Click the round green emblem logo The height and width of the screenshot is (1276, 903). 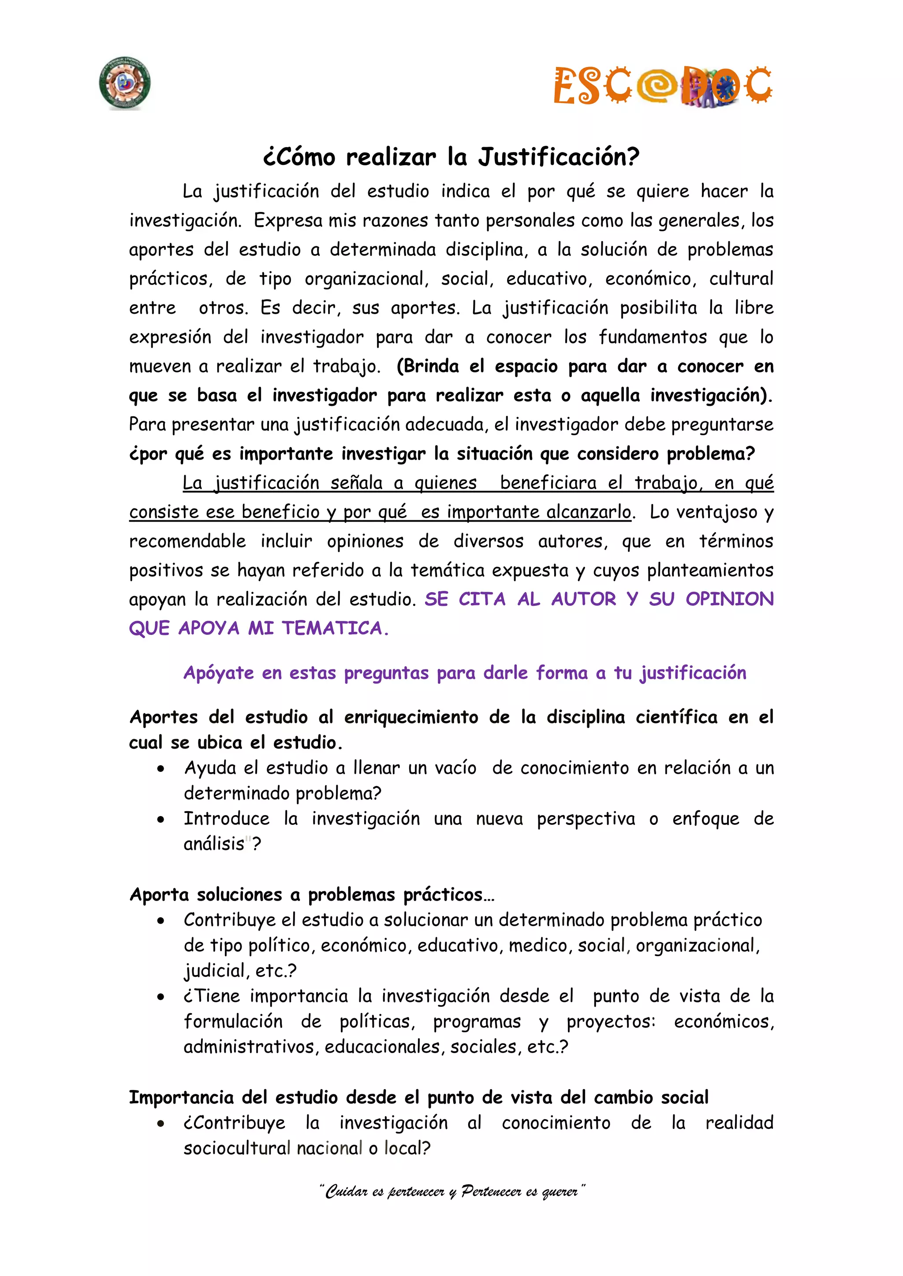click(x=124, y=83)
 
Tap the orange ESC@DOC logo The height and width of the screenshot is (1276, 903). click(x=662, y=85)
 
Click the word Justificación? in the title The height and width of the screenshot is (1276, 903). click(x=559, y=157)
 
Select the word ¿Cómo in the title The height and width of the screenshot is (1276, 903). click(x=299, y=157)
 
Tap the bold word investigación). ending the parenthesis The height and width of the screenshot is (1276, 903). click(x=711, y=395)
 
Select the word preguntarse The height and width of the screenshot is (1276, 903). click(x=722, y=425)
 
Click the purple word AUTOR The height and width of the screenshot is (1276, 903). click(x=583, y=599)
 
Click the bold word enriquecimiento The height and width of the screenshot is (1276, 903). click(x=411, y=717)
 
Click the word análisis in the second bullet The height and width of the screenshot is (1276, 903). click(x=214, y=844)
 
